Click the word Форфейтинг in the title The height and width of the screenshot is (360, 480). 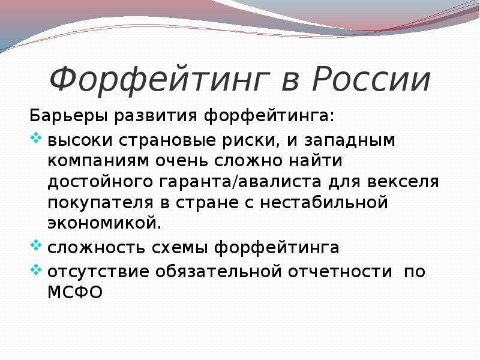[x=160, y=80]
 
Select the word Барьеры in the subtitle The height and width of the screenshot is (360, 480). [x=68, y=116]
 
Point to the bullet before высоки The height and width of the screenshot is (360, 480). [x=36, y=138]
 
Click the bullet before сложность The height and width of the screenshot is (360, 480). [x=36, y=245]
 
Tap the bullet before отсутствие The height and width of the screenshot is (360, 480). [x=36, y=269]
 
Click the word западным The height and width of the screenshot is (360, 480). [x=350, y=141]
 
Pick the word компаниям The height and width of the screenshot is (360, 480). [x=98, y=161]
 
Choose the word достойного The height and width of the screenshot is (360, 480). [x=100, y=182]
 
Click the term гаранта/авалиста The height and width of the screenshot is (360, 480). [x=241, y=182]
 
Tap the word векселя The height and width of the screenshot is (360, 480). [x=403, y=182]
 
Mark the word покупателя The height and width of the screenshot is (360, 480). [x=100, y=203]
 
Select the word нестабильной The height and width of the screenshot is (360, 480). [x=324, y=202]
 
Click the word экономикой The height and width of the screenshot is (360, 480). [x=104, y=224]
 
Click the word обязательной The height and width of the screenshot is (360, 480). [x=218, y=272]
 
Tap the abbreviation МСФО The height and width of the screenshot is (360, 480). [x=74, y=292]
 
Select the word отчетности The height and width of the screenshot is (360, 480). [x=340, y=272]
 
